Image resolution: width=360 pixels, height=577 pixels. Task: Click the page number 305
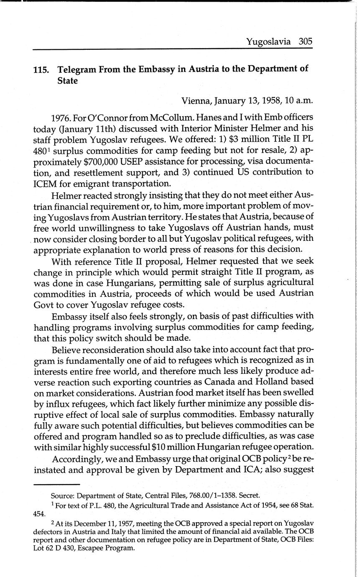click(306, 41)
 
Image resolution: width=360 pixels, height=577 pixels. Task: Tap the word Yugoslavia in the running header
click(268, 41)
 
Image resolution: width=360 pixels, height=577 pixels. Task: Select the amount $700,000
click(89, 161)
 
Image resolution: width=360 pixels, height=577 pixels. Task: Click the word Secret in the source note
click(249, 496)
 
